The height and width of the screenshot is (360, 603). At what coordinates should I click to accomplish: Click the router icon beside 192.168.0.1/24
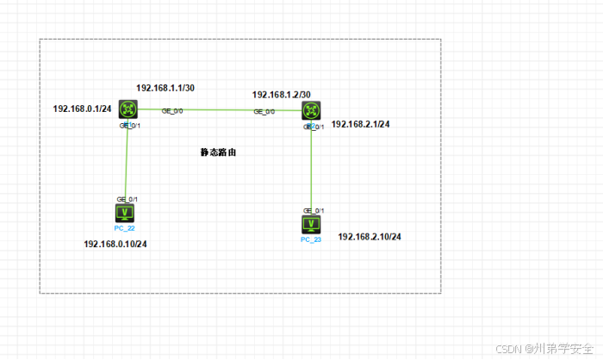(x=129, y=109)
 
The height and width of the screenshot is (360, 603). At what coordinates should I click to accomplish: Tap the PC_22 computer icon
(x=125, y=213)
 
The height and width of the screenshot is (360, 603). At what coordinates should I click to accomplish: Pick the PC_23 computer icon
(x=311, y=225)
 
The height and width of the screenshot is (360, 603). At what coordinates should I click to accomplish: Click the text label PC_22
(x=125, y=228)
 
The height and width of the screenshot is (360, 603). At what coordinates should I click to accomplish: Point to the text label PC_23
(x=311, y=240)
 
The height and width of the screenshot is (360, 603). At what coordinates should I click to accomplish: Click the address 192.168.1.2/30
(x=281, y=95)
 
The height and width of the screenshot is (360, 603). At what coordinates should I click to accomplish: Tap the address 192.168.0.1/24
(x=81, y=109)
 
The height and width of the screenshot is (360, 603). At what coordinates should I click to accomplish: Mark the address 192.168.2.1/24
(x=361, y=125)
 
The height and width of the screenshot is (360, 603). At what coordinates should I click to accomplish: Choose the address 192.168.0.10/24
(x=115, y=244)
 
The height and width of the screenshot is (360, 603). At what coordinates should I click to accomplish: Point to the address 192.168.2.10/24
(x=370, y=236)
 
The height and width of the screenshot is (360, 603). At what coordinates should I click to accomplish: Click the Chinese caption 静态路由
(x=218, y=152)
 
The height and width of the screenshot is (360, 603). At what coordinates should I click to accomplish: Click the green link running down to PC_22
(x=127, y=164)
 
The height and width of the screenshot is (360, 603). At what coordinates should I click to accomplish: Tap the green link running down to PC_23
(x=312, y=168)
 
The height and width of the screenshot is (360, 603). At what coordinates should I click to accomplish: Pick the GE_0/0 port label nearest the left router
(x=172, y=111)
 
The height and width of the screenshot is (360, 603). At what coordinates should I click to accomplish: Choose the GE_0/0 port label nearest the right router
(x=264, y=112)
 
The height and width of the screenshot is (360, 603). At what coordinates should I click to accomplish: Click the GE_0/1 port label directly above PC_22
(x=127, y=199)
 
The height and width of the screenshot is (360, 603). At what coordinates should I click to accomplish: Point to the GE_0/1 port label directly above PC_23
(x=314, y=210)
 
